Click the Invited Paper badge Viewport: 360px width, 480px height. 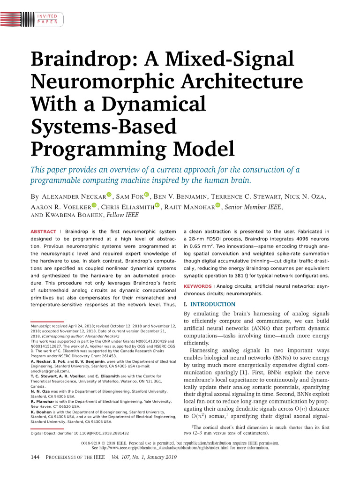click(x=47, y=19)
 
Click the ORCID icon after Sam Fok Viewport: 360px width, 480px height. click(x=146, y=195)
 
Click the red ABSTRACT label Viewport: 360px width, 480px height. click(x=43, y=232)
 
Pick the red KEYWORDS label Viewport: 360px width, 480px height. click(x=197, y=286)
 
